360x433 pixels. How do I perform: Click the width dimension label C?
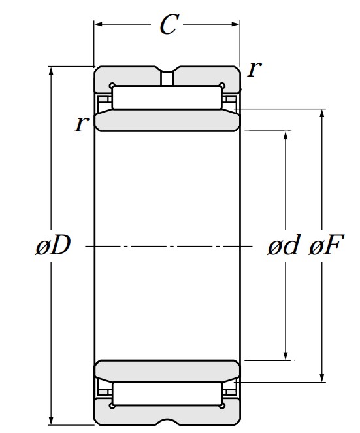click(169, 24)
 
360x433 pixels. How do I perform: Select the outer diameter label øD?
click(53, 245)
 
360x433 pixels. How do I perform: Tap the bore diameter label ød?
click(284, 245)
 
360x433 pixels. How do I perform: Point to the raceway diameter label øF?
click(326, 245)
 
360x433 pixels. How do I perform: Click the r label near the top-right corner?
click(254, 69)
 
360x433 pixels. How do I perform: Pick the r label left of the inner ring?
click(82, 124)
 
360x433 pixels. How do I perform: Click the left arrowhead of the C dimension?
click(98, 24)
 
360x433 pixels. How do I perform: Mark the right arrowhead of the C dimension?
click(236, 24)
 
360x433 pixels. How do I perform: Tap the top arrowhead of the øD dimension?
click(51, 71)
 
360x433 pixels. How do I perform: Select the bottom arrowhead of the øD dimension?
click(51, 421)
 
